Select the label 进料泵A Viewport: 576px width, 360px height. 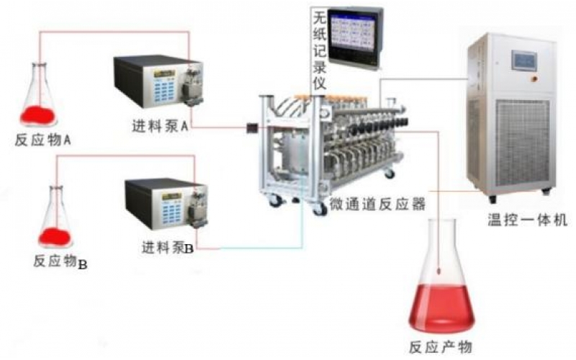(x=160, y=127)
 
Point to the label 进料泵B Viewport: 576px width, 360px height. (x=168, y=249)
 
